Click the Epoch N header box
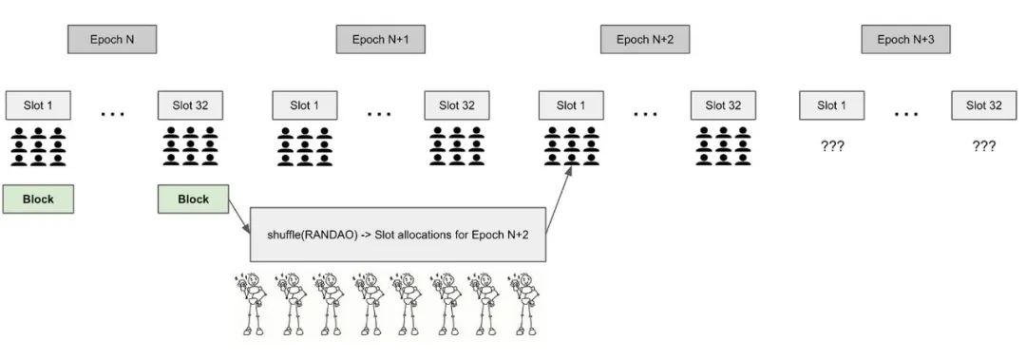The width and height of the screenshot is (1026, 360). click(111, 39)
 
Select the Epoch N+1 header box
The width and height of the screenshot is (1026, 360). click(379, 39)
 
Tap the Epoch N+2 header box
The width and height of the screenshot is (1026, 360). click(644, 39)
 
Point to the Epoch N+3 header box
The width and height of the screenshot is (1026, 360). click(905, 39)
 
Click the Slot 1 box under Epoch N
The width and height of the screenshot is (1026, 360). click(38, 104)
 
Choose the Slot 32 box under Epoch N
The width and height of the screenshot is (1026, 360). click(190, 104)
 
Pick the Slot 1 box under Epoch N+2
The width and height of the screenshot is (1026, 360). click(571, 104)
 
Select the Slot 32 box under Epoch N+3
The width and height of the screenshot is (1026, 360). click(983, 104)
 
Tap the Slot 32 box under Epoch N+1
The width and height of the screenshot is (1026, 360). click(457, 104)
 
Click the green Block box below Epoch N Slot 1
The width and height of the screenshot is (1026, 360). click(38, 199)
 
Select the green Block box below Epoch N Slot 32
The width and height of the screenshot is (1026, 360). click(194, 199)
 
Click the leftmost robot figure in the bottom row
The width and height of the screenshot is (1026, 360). click(251, 304)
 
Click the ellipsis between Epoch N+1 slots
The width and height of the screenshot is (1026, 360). click(379, 114)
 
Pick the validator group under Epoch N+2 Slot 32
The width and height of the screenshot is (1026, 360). click(723, 144)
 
